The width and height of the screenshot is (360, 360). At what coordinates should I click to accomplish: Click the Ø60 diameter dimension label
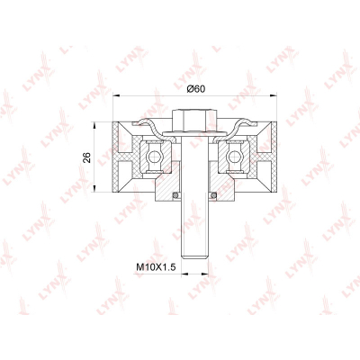coord(195,89)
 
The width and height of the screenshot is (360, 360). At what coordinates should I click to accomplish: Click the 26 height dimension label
coord(86,157)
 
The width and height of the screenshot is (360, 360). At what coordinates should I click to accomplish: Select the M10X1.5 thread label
coord(156,266)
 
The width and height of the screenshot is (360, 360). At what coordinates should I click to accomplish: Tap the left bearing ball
coord(154,156)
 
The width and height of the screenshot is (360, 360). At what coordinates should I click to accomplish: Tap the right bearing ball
coord(234,156)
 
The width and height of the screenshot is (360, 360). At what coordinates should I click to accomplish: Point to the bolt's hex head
coord(194,121)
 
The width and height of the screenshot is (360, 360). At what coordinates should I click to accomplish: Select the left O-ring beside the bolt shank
coord(176,195)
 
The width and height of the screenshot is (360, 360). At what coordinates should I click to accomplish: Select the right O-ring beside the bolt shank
coord(213,195)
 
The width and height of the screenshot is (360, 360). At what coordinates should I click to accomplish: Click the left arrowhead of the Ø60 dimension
coord(116,95)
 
